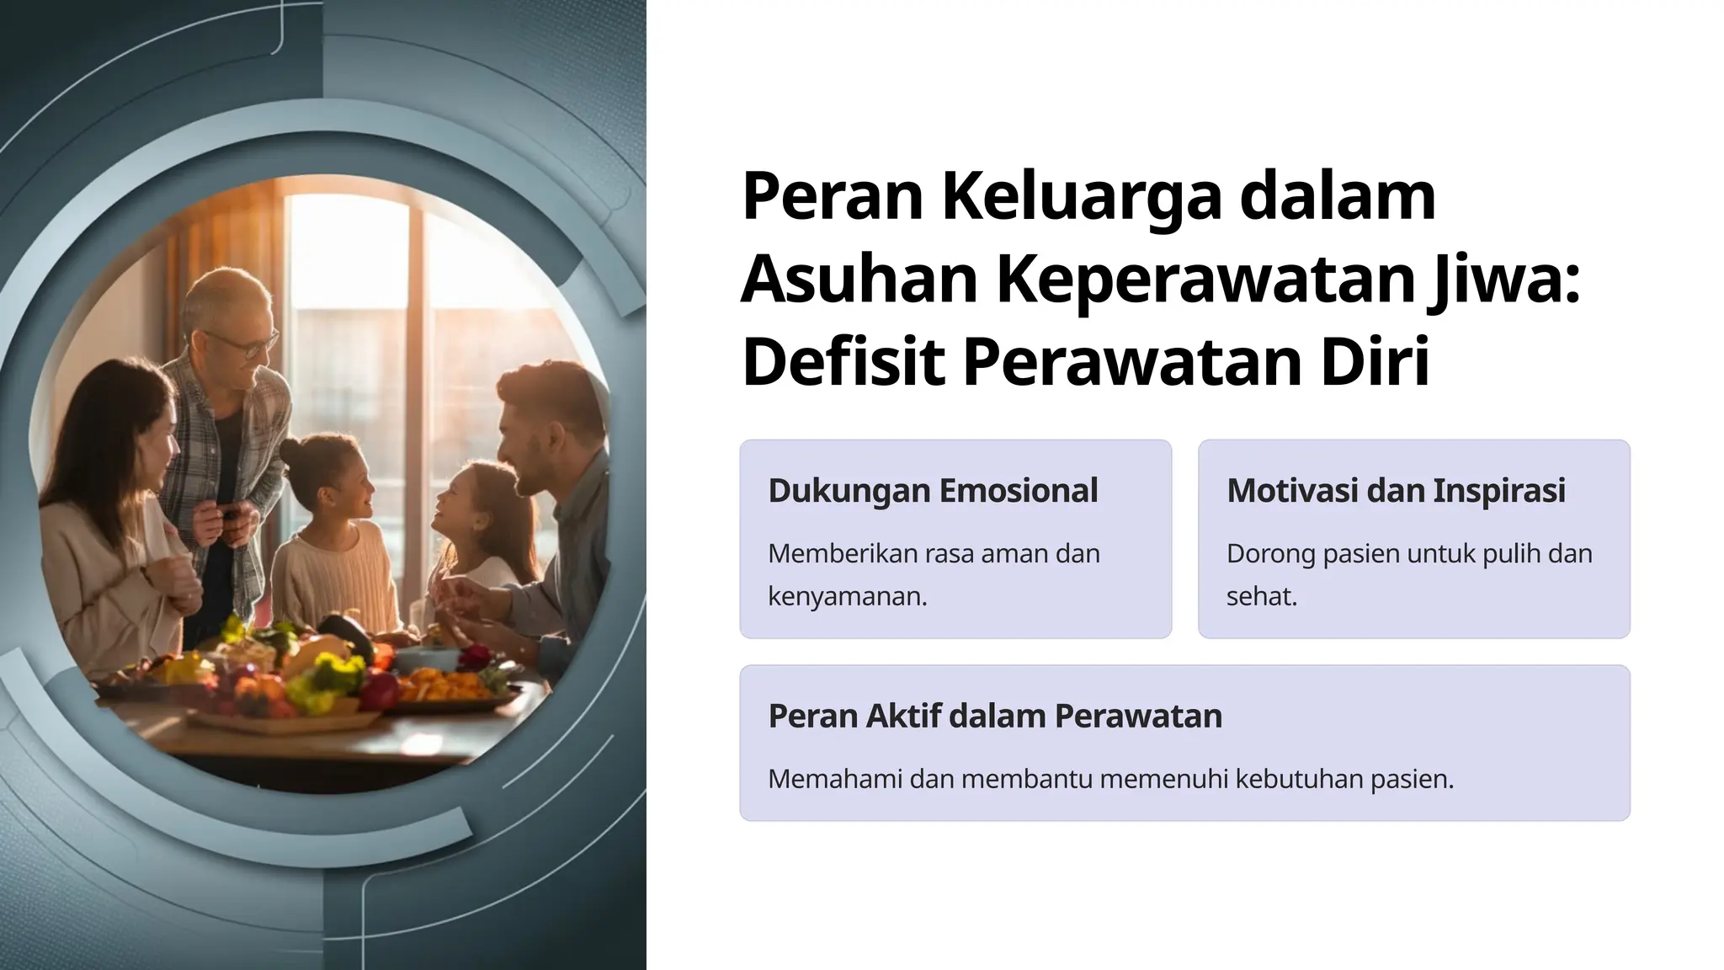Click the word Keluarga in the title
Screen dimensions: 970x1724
1081,197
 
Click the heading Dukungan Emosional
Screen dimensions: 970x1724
933,491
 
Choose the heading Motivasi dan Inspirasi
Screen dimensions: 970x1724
1396,491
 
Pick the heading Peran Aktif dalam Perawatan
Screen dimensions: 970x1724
995,716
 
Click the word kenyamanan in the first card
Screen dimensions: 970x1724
846,596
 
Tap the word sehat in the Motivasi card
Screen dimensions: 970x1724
1260,596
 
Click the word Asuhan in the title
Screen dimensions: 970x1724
859,280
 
